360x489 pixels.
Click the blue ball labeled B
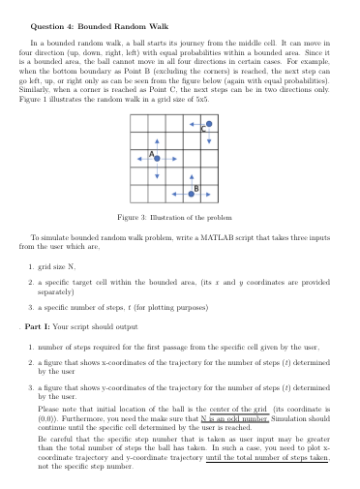click(x=192, y=195)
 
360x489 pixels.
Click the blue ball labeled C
click(x=209, y=123)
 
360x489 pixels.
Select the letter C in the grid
click(x=203, y=131)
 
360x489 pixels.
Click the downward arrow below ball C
click(x=209, y=138)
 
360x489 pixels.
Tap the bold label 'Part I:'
click(x=36, y=324)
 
